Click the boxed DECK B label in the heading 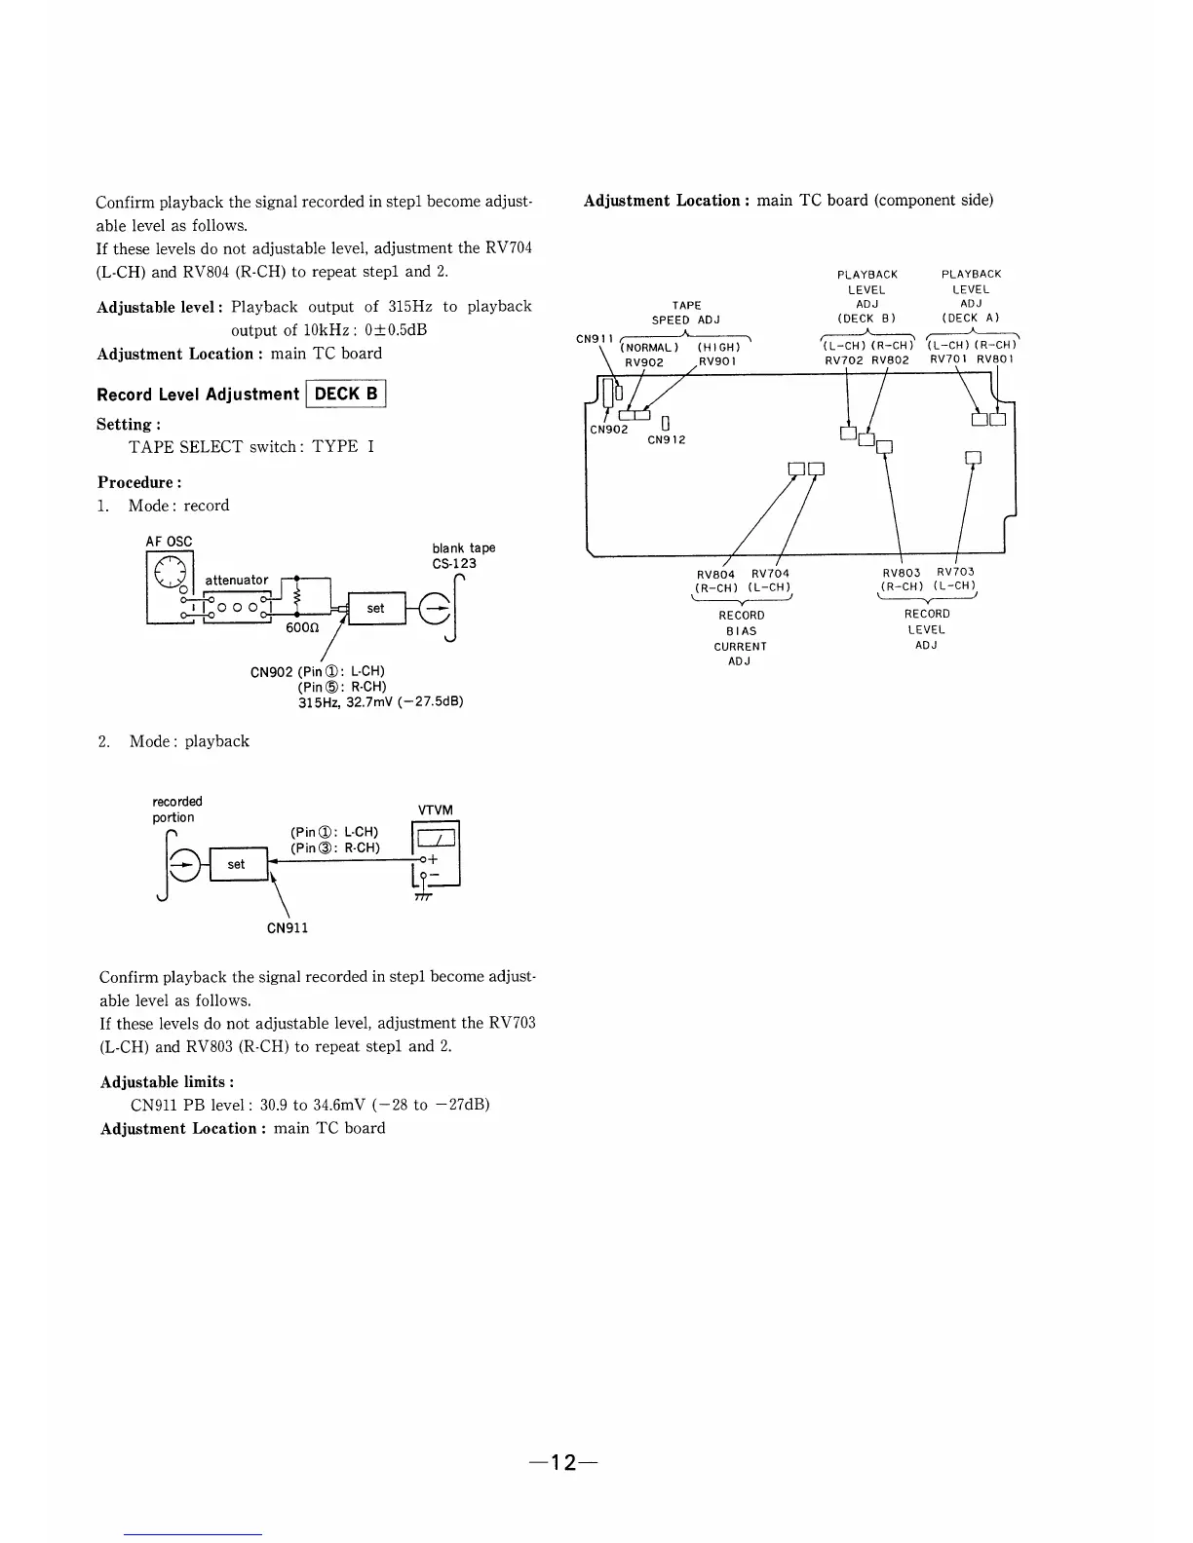[x=346, y=394]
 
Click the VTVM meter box [x=437, y=854]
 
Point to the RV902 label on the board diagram [x=644, y=361]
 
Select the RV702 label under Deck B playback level [x=844, y=359]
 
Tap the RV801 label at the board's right [x=996, y=359]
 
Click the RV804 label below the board [x=716, y=574]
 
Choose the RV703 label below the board [x=955, y=572]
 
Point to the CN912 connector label [x=667, y=439]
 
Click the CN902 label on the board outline [x=609, y=429]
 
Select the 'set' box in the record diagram [x=376, y=608]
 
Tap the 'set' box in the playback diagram [x=237, y=864]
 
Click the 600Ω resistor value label [x=300, y=628]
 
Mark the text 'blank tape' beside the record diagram [x=464, y=548]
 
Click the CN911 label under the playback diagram [x=288, y=927]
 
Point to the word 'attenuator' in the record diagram [x=236, y=581]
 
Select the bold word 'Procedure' [x=135, y=482]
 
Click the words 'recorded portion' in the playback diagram [x=176, y=809]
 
